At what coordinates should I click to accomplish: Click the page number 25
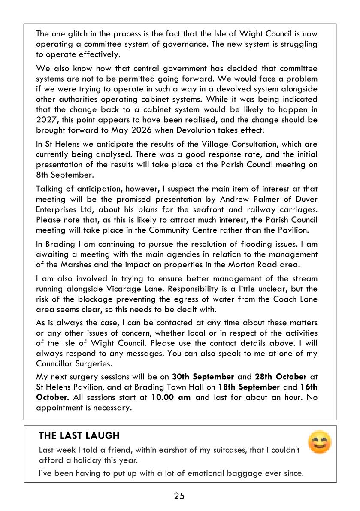coord(179,496)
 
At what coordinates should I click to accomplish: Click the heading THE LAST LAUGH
coord(79,435)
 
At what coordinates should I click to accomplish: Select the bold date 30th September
coord(203,377)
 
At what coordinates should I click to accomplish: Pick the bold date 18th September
coord(248,387)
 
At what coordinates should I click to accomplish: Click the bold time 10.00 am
coord(171,397)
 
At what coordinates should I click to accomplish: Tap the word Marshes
coord(76,264)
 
